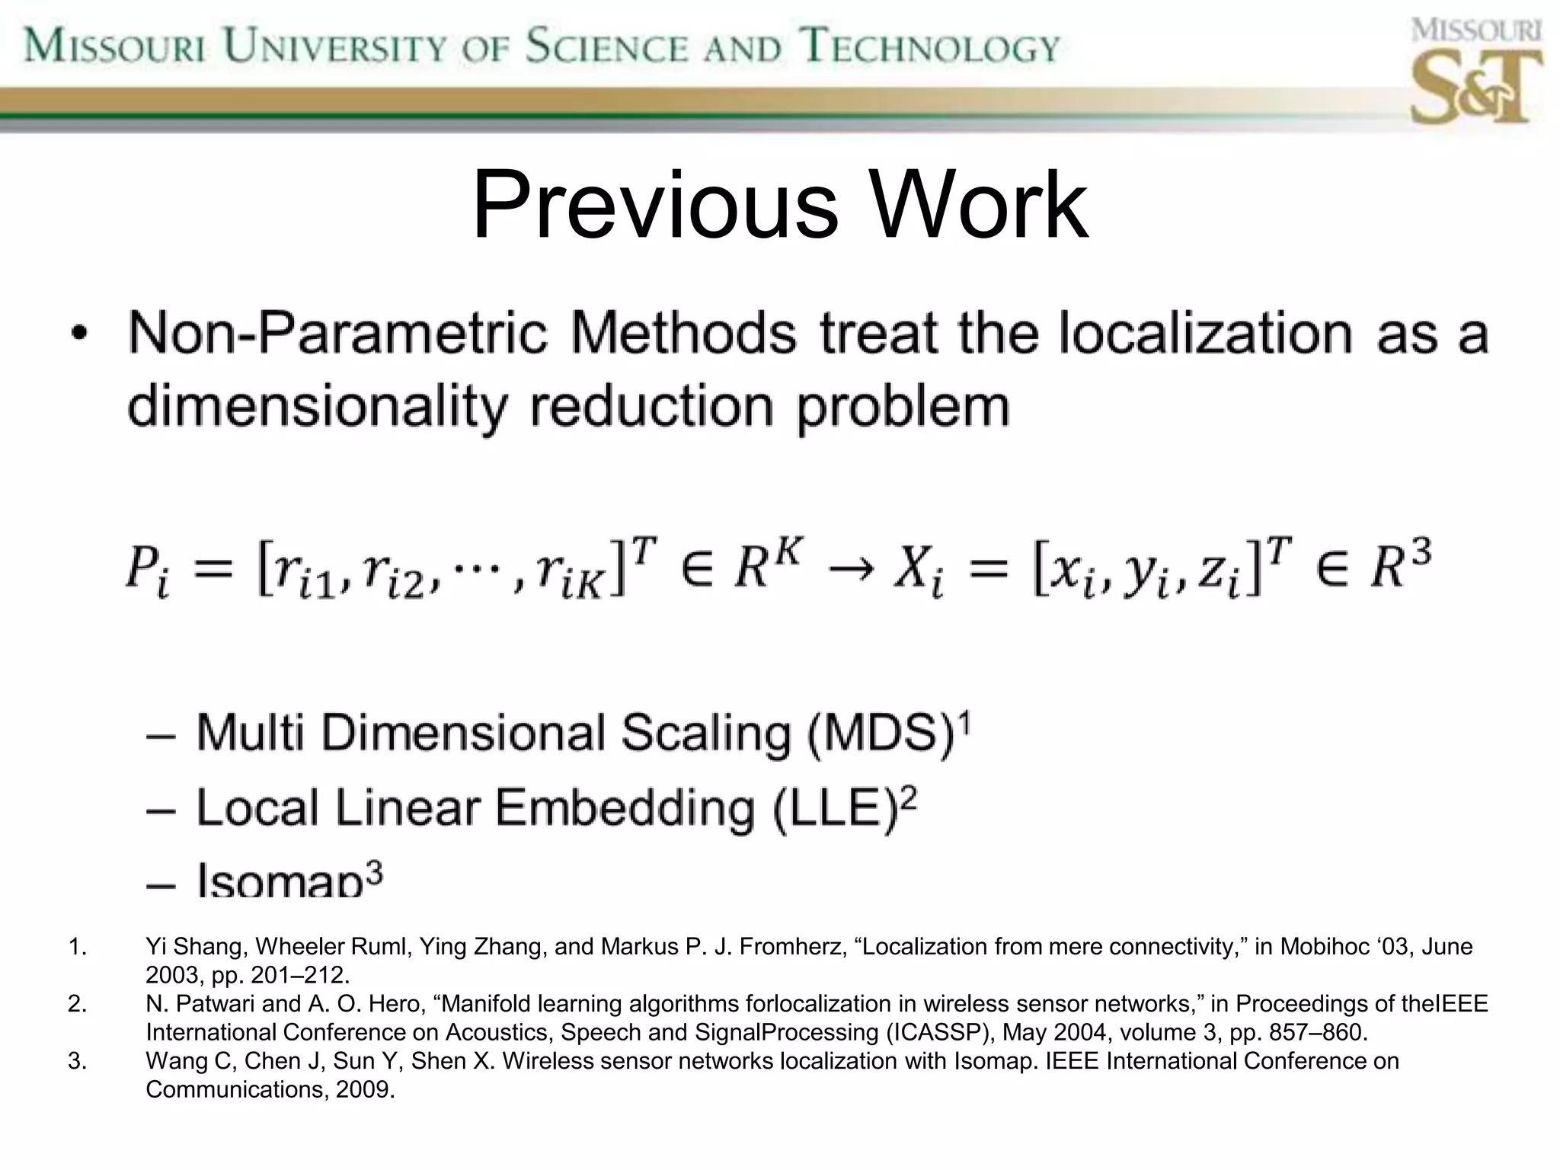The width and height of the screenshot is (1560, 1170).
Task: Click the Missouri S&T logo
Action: [1475, 72]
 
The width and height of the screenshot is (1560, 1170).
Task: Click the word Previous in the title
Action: [655, 206]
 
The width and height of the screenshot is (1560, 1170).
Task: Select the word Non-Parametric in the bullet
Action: [337, 333]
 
